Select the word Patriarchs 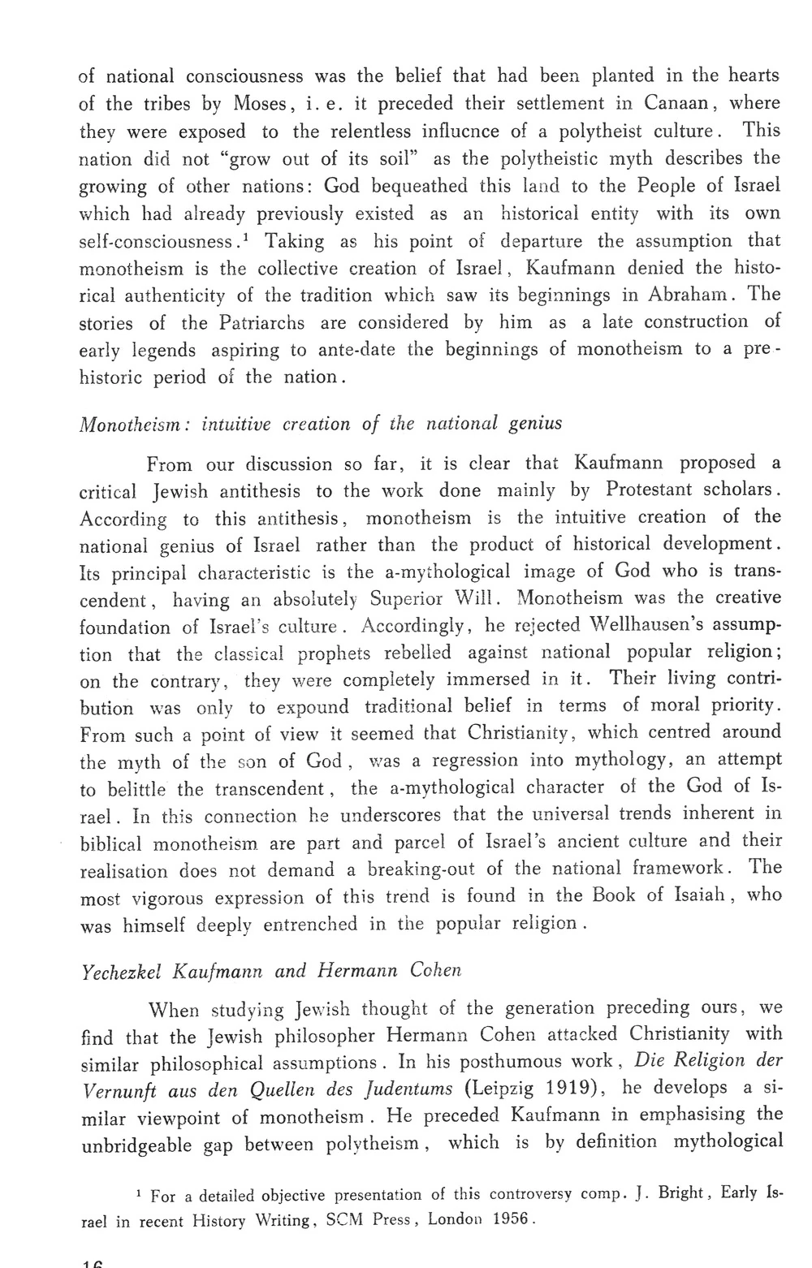click(262, 322)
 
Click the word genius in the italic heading click(535, 423)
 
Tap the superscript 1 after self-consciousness click(246, 236)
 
